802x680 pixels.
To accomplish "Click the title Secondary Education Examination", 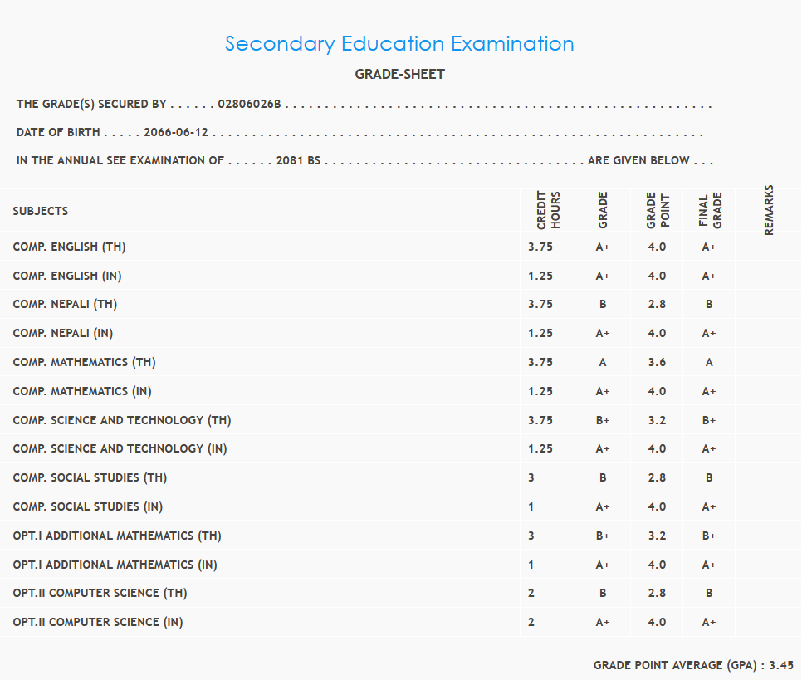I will [399, 44].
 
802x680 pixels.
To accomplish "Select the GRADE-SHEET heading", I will [399, 75].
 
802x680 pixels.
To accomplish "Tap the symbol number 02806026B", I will [249, 105].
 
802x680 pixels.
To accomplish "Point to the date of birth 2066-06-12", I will [176, 133].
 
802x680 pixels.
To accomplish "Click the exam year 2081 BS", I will [298, 161].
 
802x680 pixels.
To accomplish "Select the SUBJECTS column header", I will [41, 212].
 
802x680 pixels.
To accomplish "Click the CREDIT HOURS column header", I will [549, 211].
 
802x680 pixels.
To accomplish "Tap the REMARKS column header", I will [769, 210].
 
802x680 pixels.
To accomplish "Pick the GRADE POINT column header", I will [658, 211].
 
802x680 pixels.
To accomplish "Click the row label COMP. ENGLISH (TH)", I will [69, 247].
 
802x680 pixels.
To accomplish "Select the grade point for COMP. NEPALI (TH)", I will [658, 305].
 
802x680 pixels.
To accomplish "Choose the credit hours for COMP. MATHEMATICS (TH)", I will [540, 363].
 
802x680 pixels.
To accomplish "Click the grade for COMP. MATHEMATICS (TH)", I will [603, 363].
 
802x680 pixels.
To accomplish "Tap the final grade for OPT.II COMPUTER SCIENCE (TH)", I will [709, 594].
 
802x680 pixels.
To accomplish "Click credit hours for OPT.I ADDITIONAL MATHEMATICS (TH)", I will [531, 536].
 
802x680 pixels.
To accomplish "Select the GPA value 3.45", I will [781, 666].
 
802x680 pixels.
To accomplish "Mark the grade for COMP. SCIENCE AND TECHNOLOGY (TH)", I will [603, 421].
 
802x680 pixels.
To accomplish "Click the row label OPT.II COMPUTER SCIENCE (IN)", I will [98, 623].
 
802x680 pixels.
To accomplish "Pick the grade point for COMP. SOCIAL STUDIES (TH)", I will [658, 478].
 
